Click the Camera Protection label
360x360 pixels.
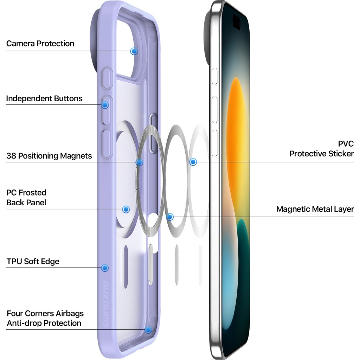click(x=40, y=44)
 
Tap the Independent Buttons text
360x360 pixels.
click(x=44, y=98)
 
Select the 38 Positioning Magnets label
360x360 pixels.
click(x=49, y=156)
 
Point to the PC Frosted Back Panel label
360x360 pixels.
click(x=26, y=198)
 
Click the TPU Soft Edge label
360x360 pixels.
click(x=33, y=262)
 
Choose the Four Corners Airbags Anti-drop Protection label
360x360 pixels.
click(x=45, y=318)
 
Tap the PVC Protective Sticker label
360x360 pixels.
click(x=321, y=149)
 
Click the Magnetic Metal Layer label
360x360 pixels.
click(x=315, y=209)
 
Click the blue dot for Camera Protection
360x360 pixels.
click(x=134, y=51)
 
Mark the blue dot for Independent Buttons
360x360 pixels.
click(x=105, y=104)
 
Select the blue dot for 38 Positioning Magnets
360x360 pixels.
click(x=140, y=162)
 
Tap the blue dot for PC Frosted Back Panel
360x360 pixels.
click(x=126, y=209)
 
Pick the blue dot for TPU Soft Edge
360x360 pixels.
click(x=104, y=268)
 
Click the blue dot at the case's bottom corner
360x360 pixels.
click(x=148, y=330)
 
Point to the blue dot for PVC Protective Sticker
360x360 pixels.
click(x=193, y=162)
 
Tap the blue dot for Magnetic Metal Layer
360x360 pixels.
click(x=170, y=217)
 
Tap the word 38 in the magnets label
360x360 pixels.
click(x=12, y=156)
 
